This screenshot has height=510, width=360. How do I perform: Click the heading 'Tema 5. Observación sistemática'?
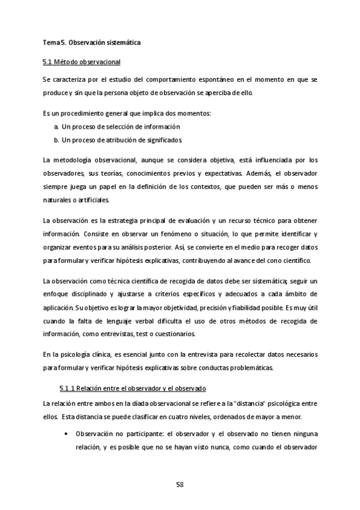(x=91, y=43)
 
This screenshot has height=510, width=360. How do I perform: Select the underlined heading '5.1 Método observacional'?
(x=81, y=62)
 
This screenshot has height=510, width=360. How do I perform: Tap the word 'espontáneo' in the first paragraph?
(x=213, y=80)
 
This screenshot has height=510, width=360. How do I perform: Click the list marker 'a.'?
(x=56, y=127)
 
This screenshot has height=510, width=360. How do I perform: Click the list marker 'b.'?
(x=56, y=140)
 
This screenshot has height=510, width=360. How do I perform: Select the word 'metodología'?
(x=74, y=160)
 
